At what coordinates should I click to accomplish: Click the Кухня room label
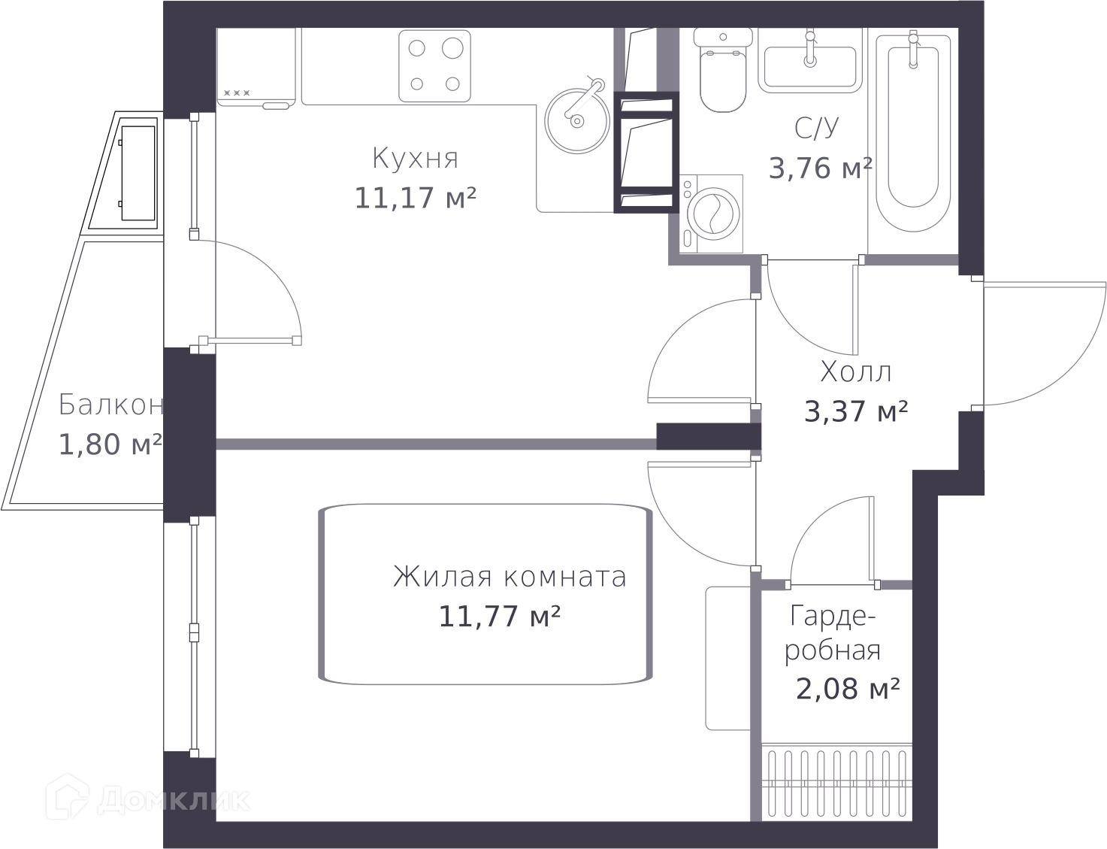[x=415, y=159]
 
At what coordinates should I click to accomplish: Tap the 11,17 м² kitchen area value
[x=415, y=198]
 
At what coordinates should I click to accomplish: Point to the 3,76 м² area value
[x=820, y=168]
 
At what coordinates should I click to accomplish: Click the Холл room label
[x=856, y=372]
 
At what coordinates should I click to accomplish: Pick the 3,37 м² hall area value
[x=856, y=411]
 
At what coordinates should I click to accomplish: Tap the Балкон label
[x=111, y=405]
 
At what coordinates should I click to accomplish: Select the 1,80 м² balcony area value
[x=111, y=444]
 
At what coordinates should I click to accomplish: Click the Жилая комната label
[x=510, y=577]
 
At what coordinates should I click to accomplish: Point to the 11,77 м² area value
[x=499, y=616]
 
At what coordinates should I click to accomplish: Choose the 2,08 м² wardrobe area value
[x=848, y=689]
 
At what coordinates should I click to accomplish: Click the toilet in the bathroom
[x=723, y=70]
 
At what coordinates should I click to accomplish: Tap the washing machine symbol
[x=711, y=214]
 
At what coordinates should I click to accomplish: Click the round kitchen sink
[x=577, y=120]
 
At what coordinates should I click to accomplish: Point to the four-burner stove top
[x=434, y=65]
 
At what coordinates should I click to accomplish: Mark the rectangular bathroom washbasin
[x=810, y=61]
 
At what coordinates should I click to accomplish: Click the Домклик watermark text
[x=148, y=801]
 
